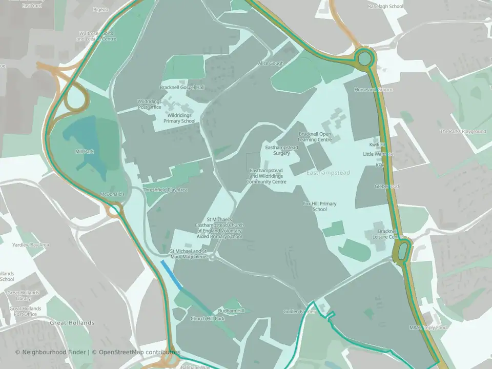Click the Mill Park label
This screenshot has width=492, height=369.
pyautogui.click(x=84, y=152)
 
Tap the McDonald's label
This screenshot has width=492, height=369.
pyautogui.click(x=113, y=195)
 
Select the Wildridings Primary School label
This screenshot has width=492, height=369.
pyautogui.click(x=179, y=118)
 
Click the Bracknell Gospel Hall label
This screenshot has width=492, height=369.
pyautogui.click(x=182, y=88)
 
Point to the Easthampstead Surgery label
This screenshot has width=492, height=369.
pyautogui.click(x=281, y=150)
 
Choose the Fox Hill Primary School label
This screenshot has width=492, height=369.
pyautogui.click(x=320, y=207)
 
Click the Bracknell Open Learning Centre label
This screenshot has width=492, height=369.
pyautogui.click(x=315, y=137)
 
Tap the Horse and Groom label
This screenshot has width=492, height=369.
pyautogui.click(x=373, y=90)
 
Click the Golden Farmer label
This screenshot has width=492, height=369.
pyautogui.click(x=300, y=312)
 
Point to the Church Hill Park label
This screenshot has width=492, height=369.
pyautogui.click(x=208, y=319)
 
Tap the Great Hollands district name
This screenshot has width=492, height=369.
pyautogui.click(x=72, y=323)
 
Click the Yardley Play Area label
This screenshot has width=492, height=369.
pyautogui.click(x=31, y=245)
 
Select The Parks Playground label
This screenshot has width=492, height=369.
pyautogui.click(x=463, y=132)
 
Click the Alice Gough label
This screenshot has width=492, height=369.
pyautogui.click(x=271, y=63)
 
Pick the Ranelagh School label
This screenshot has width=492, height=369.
pyautogui.click(x=386, y=7)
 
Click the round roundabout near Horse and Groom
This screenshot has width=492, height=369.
pyautogui.click(x=364, y=57)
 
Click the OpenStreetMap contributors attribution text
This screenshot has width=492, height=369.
pyautogui.click(x=139, y=352)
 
